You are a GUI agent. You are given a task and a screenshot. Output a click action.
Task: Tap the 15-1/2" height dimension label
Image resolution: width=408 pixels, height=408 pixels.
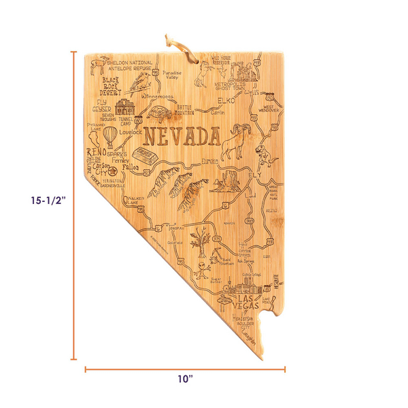coord(47,201)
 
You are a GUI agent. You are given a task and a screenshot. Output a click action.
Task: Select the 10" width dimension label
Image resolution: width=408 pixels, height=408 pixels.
coord(185,379)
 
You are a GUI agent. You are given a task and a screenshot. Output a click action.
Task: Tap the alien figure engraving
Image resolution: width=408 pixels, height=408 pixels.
coord(203,266)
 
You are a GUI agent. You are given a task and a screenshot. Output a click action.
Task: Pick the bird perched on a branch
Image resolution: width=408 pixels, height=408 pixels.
coord(142,82)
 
